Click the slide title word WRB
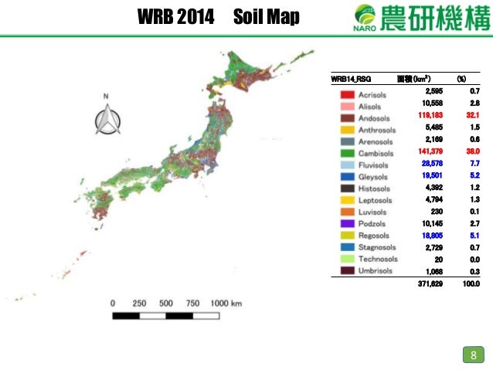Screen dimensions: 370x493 [155, 16]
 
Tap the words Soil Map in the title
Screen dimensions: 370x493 [265, 16]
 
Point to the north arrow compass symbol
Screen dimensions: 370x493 [106, 117]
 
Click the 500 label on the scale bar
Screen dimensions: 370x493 [166, 302]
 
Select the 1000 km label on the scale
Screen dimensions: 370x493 [226, 302]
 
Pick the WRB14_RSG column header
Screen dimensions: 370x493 [349, 79]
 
